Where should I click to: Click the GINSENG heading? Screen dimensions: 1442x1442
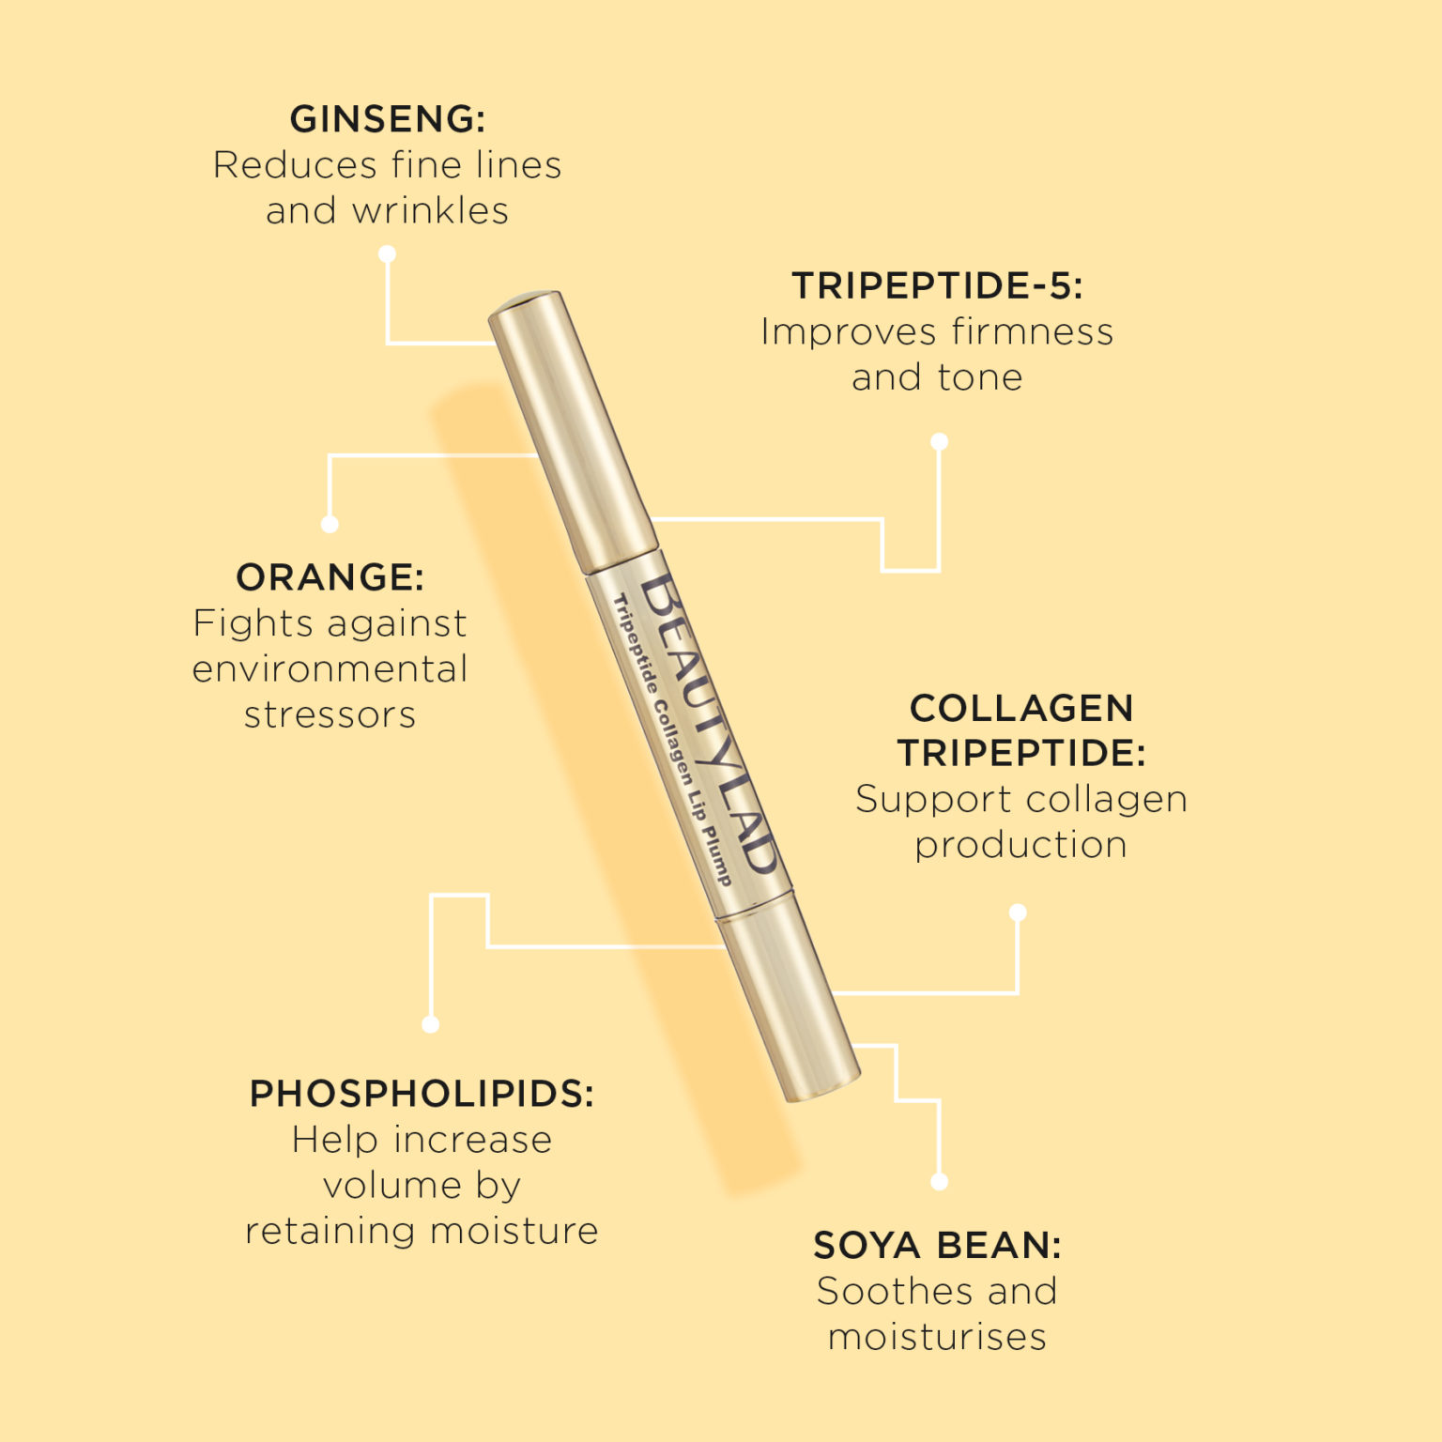pos(387,119)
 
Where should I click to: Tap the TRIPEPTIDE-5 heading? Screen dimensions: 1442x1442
pos(937,285)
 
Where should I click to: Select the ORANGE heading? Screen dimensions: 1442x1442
pos(330,577)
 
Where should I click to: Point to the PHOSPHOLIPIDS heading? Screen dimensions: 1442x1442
pos(422,1094)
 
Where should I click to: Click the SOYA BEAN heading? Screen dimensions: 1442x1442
pos(937,1246)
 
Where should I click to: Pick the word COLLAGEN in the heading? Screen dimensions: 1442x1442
pos(1021,708)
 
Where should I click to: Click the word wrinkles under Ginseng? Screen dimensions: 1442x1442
pos(430,210)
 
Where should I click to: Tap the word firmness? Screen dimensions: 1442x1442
pos(1032,331)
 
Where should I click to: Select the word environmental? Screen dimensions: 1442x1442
pos(330,668)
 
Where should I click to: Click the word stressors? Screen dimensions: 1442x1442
pos(330,714)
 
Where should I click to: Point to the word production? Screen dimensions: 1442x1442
pos(1020,844)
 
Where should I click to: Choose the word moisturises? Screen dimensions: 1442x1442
pos(937,1337)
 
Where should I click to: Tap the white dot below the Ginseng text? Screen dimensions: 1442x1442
pos(387,254)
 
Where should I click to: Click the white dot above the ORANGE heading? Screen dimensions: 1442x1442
pos(330,525)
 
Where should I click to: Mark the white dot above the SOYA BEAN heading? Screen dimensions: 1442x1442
pos(939,1182)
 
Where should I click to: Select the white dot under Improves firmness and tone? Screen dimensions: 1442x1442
pos(939,441)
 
